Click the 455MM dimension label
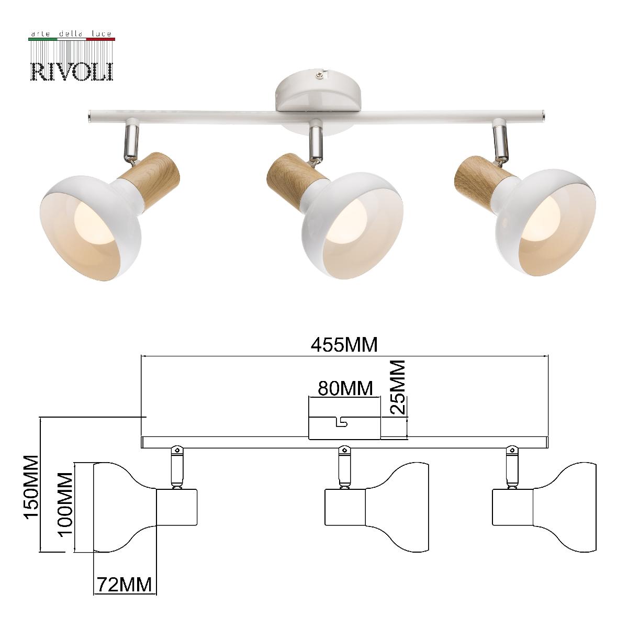(x=344, y=344)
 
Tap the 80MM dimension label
(x=345, y=388)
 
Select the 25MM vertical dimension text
(x=398, y=387)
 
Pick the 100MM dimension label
(x=65, y=504)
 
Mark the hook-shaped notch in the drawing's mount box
(x=343, y=421)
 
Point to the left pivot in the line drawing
(x=177, y=449)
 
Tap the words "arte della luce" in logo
(x=72, y=34)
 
